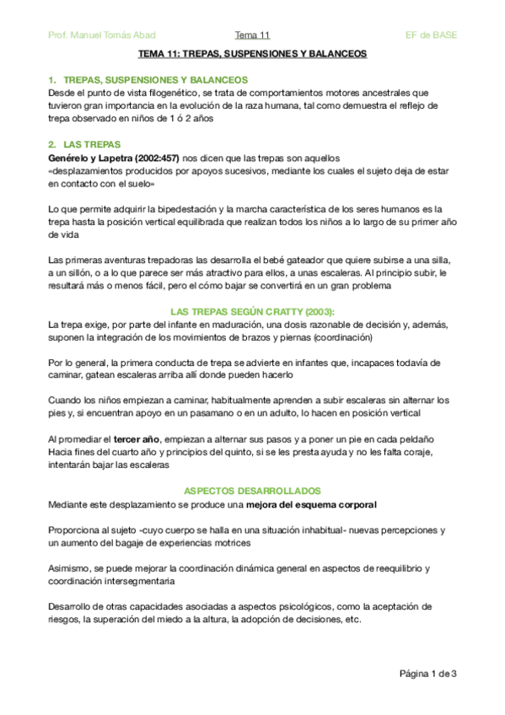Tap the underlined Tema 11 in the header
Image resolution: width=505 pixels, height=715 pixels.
(252, 35)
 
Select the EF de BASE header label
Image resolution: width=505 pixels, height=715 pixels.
(431, 35)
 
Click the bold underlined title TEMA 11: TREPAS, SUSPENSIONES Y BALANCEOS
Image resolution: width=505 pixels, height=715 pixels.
(252, 53)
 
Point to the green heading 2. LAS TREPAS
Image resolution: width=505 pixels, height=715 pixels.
(84, 144)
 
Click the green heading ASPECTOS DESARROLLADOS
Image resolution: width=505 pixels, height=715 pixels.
(252, 491)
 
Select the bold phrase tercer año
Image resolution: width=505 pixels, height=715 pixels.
(137, 440)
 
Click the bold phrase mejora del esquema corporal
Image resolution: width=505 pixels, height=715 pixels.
(311, 504)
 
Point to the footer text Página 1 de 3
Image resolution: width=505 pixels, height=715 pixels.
(427, 673)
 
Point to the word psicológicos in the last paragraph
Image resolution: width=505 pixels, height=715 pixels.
(296, 606)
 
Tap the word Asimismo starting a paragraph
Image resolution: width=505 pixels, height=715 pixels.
(71, 568)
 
